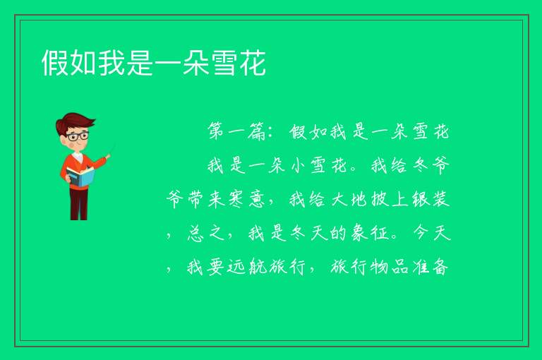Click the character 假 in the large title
tap(55, 63)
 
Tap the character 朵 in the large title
tap(196, 63)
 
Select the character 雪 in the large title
tap(224, 63)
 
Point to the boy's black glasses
tap(78, 136)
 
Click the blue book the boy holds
tap(80, 176)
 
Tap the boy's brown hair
tap(74, 124)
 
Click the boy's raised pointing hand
tap(108, 157)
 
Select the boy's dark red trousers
tap(78, 204)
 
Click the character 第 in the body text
tap(216, 131)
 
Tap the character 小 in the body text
tap(298, 165)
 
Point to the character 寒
tap(236, 199)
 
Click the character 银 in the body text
tap(421, 199)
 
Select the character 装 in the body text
tap(441, 199)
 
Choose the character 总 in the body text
tap(195, 233)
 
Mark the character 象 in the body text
tap(359, 233)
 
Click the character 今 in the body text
tap(421, 233)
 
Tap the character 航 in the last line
tap(257, 267)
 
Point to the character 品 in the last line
tap(400, 267)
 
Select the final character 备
tap(441, 267)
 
